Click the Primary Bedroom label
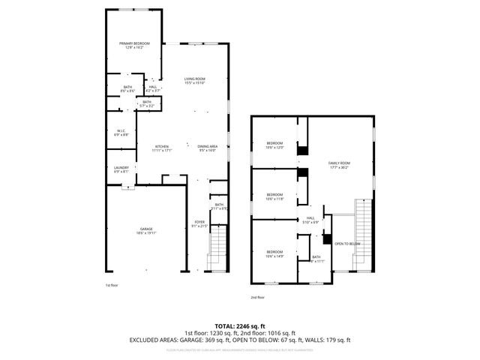pos(135,44)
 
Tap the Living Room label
pos(195,79)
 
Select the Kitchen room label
pos(162,146)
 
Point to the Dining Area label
pos(208,146)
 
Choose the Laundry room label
pos(121,168)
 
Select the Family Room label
pos(339,163)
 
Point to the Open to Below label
pos(347,244)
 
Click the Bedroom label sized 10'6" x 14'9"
pos(274,252)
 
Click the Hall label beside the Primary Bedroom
pos(153,87)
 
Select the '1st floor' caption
pos(111,285)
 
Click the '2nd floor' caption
pos(258,298)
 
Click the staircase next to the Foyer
pos(216,247)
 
